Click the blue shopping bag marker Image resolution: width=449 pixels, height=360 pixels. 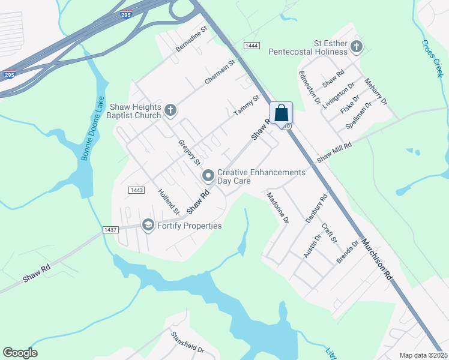click(x=281, y=113)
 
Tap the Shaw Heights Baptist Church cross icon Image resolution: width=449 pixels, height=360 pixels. click(x=170, y=110)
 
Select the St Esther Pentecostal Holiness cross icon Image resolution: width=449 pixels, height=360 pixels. click(x=357, y=46)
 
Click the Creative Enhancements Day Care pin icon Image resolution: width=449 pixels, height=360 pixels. click(x=208, y=175)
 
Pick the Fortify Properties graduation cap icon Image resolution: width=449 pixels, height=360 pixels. click(x=148, y=225)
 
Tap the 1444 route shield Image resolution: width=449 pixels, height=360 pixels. click(x=252, y=46)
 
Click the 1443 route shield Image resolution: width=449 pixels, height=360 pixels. click(x=136, y=190)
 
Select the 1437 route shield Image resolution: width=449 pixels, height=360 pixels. click(x=110, y=229)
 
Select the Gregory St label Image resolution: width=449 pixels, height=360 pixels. click(x=188, y=152)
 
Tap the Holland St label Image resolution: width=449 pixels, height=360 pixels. click(x=168, y=202)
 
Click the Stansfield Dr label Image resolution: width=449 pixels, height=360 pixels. click(x=187, y=342)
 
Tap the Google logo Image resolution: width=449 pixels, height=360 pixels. click(x=20, y=353)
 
